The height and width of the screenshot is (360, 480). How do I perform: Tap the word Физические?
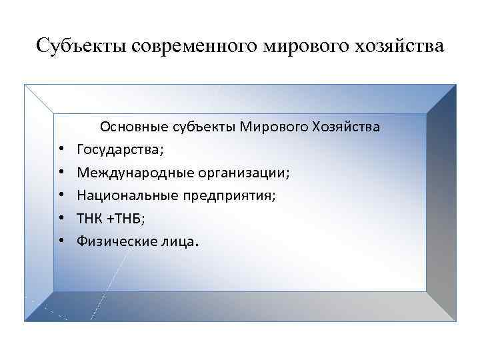110,242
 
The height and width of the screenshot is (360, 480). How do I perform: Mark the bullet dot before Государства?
60,150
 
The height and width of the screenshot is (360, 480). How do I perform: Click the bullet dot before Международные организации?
60,173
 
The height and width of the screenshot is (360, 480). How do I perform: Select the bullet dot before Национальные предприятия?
60,196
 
